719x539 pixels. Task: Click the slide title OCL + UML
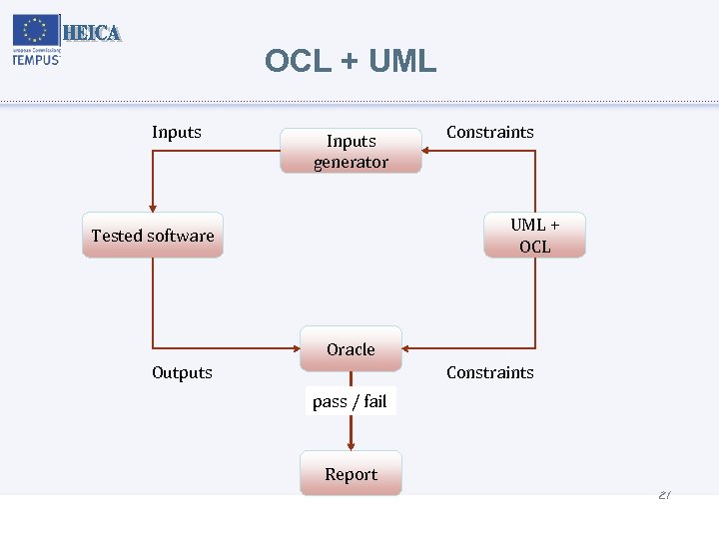[351, 61]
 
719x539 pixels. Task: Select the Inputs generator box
[351, 151]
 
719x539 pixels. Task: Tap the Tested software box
[153, 236]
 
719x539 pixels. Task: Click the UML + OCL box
[534, 236]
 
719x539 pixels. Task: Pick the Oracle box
[351, 348]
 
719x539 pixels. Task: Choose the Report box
[351, 474]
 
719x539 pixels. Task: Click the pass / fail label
[350, 401]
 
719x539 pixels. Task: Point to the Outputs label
[182, 372]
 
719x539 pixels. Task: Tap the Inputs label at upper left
[177, 132]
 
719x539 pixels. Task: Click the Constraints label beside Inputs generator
[489, 132]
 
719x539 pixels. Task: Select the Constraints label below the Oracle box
[489, 372]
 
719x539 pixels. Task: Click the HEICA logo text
[92, 33]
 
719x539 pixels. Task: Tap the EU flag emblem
[35, 30]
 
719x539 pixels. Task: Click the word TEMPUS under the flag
[36, 59]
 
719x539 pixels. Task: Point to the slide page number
[664, 495]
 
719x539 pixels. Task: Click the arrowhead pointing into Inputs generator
[426, 151]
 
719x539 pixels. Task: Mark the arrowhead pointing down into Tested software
[153, 207]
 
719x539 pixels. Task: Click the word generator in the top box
[351, 162]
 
